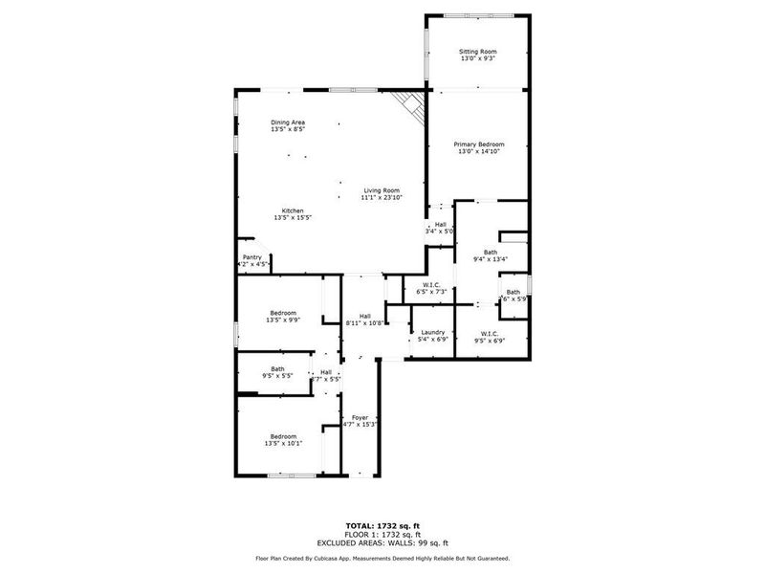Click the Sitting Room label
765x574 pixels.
pyautogui.click(x=478, y=52)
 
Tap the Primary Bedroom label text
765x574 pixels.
pyautogui.click(x=478, y=143)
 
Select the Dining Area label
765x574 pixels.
pyautogui.click(x=288, y=122)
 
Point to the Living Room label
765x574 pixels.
pyautogui.click(x=382, y=189)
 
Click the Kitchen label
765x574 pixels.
pyautogui.click(x=293, y=210)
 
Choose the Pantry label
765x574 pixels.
pyautogui.click(x=252, y=256)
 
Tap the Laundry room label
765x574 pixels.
pyautogui.click(x=433, y=332)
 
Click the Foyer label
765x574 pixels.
pyautogui.click(x=361, y=417)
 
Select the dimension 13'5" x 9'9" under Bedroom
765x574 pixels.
pyautogui.click(x=283, y=320)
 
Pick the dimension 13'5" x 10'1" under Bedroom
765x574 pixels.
pyautogui.click(x=283, y=443)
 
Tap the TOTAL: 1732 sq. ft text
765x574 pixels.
pyautogui.click(x=382, y=525)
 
